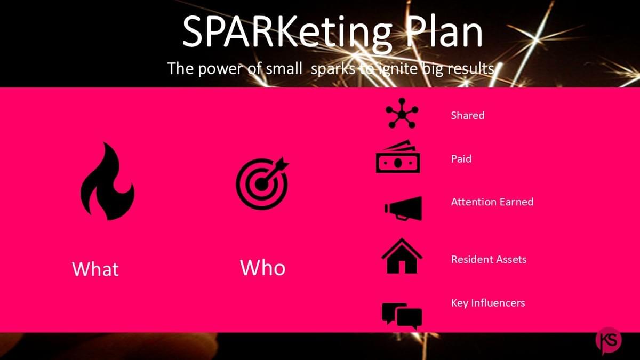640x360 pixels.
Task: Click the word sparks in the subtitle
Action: [x=333, y=69]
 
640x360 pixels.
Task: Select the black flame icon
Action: [x=107, y=182]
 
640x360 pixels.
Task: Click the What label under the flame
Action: [x=95, y=269]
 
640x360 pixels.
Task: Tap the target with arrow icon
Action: [x=262, y=183]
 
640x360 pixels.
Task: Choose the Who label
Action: [x=262, y=268]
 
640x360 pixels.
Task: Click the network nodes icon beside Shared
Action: [x=402, y=113]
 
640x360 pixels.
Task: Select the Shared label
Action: [x=467, y=115]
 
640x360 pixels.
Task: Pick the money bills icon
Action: [x=398, y=157]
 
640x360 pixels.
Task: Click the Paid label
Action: [x=461, y=158]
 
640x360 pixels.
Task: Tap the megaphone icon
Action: [x=403, y=209]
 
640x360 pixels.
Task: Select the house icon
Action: [x=402, y=256]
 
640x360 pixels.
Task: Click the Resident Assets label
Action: [x=489, y=259]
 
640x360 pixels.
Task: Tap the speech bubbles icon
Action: [x=402, y=315]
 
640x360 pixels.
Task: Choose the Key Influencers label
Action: [x=488, y=303]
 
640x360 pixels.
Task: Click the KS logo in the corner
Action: [x=609, y=340]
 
